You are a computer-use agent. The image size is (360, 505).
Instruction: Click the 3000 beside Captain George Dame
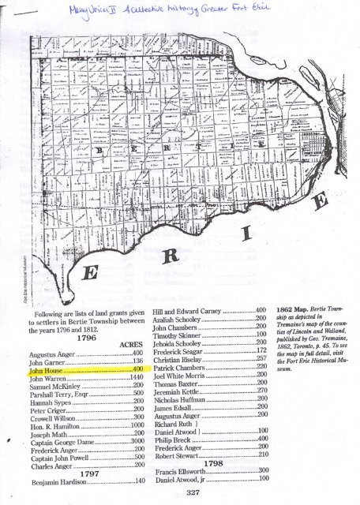pyautogui.click(x=135, y=443)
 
